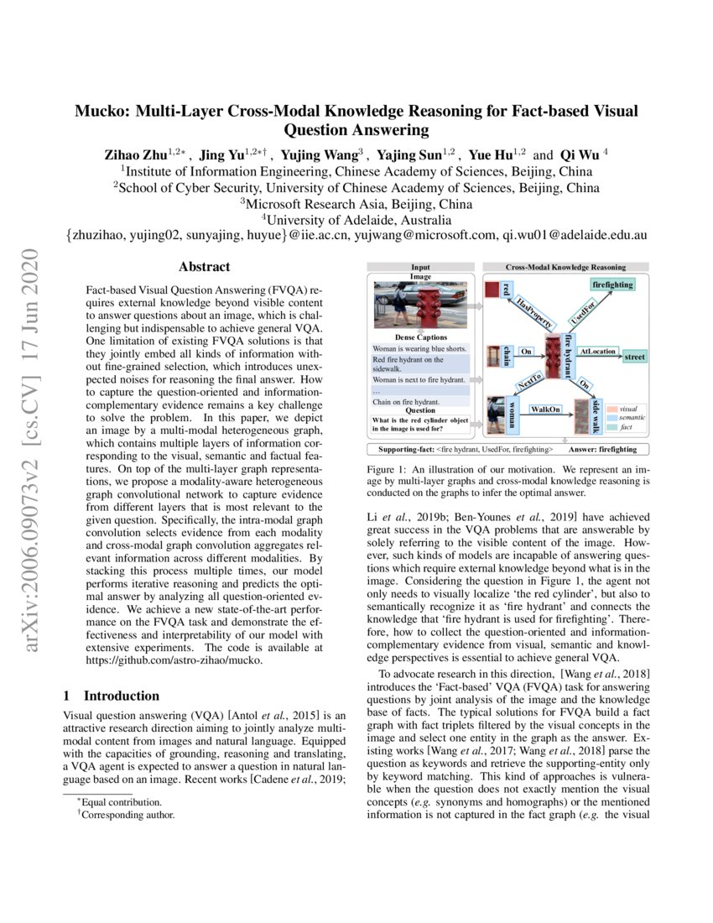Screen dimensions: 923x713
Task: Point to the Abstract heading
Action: tap(204, 267)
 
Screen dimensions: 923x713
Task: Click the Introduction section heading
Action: tap(121, 696)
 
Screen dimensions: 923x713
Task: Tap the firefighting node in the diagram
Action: tap(612, 286)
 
